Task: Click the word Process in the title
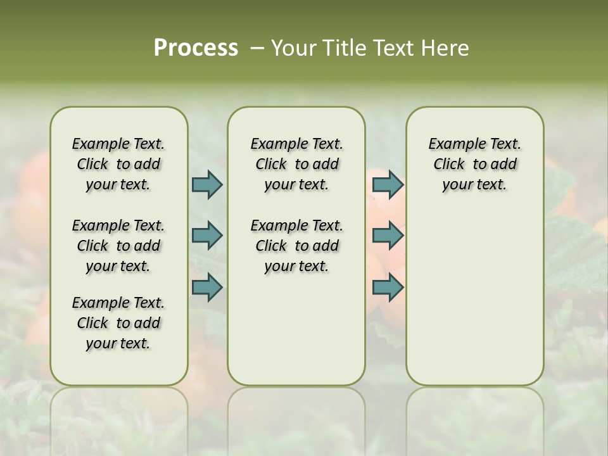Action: [x=196, y=48]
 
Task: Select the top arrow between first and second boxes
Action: [x=207, y=184]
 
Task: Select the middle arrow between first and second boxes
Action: [x=207, y=236]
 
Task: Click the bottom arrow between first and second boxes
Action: [x=207, y=288]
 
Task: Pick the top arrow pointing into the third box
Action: [x=388, y=184]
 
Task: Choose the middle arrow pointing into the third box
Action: [x=388, y=236]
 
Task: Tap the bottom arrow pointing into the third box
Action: [x=388, y=288]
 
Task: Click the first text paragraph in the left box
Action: [x=118, y=164]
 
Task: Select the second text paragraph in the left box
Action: [x=118, y=246]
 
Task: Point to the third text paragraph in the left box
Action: [x=118, y=323]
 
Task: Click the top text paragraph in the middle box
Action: [x=296, y=164]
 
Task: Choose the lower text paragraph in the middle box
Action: [x=296, y=246]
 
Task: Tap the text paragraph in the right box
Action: [x=474, y=164]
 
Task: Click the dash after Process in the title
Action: [x=257, y=48]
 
